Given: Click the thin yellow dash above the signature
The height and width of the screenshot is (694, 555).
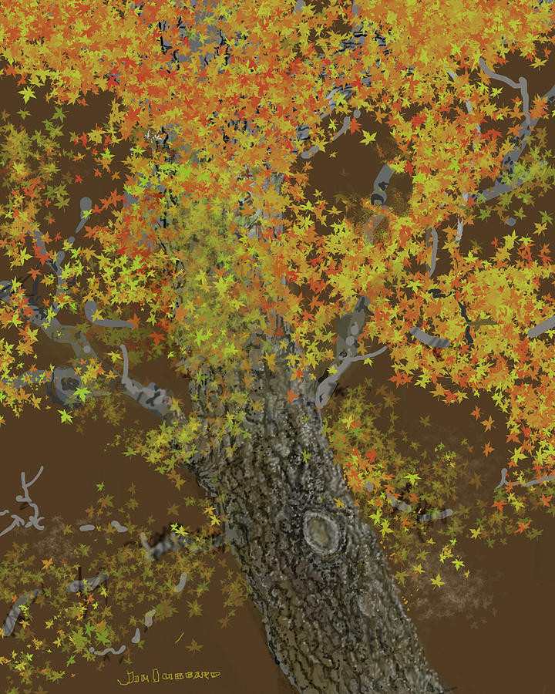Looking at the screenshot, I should point(179,638).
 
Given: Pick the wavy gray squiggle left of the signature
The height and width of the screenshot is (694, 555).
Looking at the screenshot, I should point(108,650).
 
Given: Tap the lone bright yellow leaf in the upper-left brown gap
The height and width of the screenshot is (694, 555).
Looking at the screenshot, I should point(28,94).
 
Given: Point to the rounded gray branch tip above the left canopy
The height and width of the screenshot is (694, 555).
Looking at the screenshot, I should point(85,207).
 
